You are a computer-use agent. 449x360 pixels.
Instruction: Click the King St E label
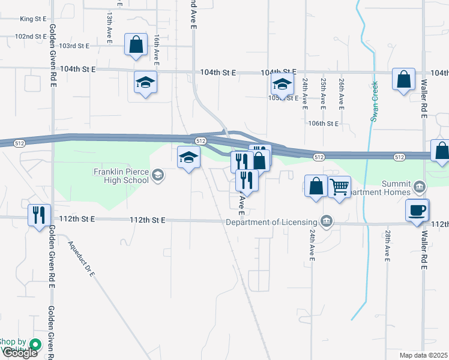33,19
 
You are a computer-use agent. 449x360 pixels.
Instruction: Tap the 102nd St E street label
31,36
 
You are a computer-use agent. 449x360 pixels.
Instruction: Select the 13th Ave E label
110,26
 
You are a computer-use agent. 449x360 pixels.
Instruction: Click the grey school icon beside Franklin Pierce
158,175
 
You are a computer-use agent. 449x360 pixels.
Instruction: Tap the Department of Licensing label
273,222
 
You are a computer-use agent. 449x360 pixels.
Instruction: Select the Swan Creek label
373,101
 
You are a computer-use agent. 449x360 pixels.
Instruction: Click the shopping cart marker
340,187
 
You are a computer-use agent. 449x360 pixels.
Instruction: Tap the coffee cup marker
417,210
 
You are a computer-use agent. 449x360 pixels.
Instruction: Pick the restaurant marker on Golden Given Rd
39,214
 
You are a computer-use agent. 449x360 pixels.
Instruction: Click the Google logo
19,353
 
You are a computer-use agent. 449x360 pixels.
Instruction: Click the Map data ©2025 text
423,355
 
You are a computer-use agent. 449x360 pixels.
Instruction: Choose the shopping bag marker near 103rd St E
136,44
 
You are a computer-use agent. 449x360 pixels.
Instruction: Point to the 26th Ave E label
341,93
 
